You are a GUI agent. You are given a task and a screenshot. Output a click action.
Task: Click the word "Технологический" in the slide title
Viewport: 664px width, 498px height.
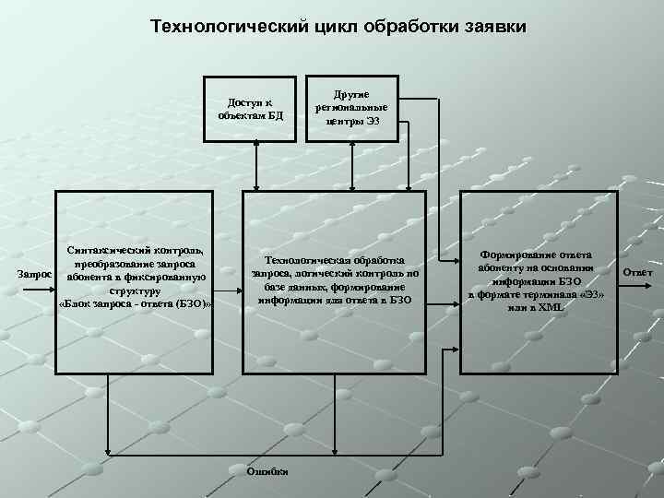225,27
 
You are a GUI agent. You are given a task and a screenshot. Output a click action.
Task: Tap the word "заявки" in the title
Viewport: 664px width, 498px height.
494,27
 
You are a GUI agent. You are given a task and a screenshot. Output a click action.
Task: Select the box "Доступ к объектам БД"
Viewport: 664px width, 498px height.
251,109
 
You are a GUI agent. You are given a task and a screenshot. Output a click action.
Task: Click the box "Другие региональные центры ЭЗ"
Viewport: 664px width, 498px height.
351,107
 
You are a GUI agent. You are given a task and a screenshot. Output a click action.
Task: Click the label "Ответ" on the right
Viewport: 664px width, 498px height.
637,272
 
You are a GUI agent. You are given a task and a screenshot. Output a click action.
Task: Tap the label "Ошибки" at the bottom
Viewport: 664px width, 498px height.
267,471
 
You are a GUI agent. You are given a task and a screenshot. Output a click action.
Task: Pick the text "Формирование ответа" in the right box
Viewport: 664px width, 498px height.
537,255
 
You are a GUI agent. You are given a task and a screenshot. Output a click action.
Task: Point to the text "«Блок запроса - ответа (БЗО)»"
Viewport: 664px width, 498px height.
136,303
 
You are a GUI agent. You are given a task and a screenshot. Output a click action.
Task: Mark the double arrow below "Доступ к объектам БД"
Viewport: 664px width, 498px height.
257,166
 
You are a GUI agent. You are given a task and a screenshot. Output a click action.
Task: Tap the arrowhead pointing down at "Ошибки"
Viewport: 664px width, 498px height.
267,457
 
